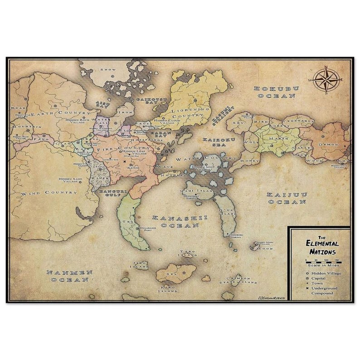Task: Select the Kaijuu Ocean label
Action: coord(287,198)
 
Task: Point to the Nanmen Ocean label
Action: coord(69,276)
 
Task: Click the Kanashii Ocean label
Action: coord(180,221)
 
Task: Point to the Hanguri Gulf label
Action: coord(106,195)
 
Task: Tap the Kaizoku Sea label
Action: coord(219,142)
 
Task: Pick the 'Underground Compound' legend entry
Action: coord(323,291)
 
